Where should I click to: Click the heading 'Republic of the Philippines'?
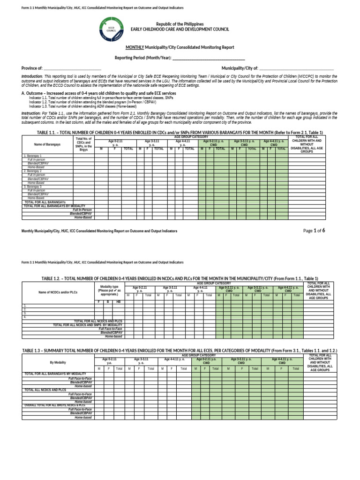pos(180,23)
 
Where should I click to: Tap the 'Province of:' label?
pos(32,68)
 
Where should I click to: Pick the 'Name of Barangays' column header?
pos(47,144)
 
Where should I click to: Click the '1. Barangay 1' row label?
pos(33,156)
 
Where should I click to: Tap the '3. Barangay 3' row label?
pos(33,187)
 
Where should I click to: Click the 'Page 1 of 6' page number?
pos(314,231)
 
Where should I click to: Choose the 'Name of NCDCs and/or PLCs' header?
pos(59,292)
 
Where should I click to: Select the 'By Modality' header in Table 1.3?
pos(59,362)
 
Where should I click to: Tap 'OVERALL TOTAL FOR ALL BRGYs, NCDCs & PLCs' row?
pos(55,405)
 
